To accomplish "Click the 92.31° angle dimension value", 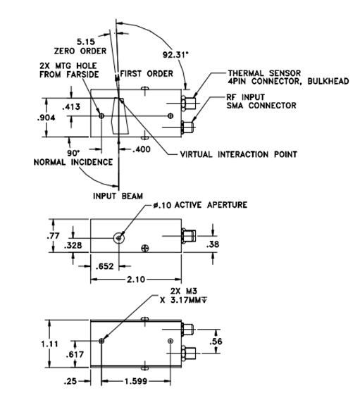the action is pos(175,55).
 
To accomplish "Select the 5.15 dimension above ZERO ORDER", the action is pos(86,42).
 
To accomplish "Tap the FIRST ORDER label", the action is pos(147,74).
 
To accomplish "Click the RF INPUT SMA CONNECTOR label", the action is pos(261,101).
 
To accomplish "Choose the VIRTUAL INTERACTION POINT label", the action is pos(239,154).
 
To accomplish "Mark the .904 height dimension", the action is pos(46,118).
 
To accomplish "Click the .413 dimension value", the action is pos(71,106).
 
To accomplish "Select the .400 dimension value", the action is pos(142,149).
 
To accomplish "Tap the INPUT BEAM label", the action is pos(118,196).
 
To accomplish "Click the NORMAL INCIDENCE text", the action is pos(73,162).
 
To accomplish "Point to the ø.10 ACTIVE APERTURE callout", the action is pos(200,205).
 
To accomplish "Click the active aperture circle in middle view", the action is pos(118,232).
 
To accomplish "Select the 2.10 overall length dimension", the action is pos(136,280).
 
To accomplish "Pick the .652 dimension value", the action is pos(104,266).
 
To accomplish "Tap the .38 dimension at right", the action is pos(213,244).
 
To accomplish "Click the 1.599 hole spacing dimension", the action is pos(136,381).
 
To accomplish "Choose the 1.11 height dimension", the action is pos(49,344).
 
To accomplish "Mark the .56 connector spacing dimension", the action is pos(216,342).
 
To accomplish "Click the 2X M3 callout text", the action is pos(184,296).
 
